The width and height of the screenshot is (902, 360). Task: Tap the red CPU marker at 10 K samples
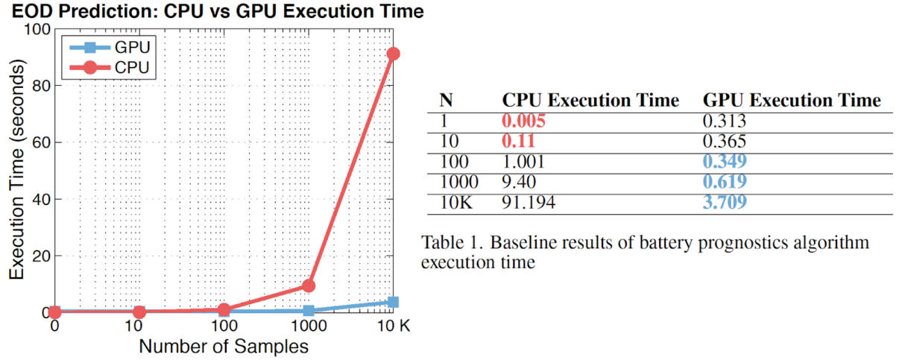(393, 54)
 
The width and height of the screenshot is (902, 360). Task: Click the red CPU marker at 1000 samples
(308, 285)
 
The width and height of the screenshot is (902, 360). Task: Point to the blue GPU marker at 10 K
(393, 302)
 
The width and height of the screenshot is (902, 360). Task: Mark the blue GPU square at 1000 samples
(308, 311)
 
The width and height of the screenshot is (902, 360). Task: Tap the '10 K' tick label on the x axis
(392, 327)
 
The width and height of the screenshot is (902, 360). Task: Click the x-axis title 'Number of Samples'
(224, 347)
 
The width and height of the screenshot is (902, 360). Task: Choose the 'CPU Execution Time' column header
(590, 100)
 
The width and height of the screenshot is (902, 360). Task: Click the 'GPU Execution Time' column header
(792, 100)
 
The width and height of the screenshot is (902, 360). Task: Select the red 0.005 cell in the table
(524, 121)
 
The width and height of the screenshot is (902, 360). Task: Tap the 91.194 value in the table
(529, 201)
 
